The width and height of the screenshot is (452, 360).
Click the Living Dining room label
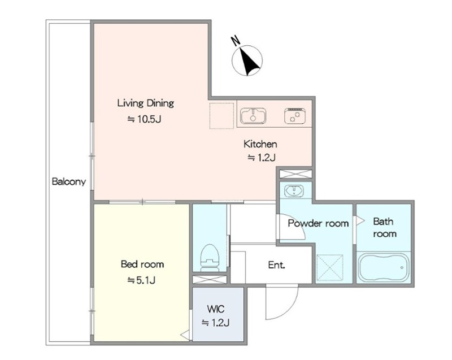point(146,103)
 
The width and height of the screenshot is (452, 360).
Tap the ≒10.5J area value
point(144,119)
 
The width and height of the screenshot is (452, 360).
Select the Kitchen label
point(260,144)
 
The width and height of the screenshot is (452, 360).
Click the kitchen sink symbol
point(253,116)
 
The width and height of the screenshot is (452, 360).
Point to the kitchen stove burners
point(294,116)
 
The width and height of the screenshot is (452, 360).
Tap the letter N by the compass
point(236,41)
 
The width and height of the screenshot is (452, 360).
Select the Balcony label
point(69,181)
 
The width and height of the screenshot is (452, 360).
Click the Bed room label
point(142,264)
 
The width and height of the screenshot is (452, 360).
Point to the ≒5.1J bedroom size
point(142,280)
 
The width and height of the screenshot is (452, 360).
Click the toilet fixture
point(210,258)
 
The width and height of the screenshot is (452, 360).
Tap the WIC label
point(216,309)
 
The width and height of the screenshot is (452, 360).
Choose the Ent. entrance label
point(276,265)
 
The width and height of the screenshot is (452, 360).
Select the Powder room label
point(318,223)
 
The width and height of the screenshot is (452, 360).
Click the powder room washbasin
point(294,191)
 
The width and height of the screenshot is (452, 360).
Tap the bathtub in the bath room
point(384,267)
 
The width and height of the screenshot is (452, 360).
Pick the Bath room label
point(385,227)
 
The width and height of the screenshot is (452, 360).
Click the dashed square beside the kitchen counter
point(221,116)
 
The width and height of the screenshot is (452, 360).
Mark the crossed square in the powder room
point(330,267)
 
